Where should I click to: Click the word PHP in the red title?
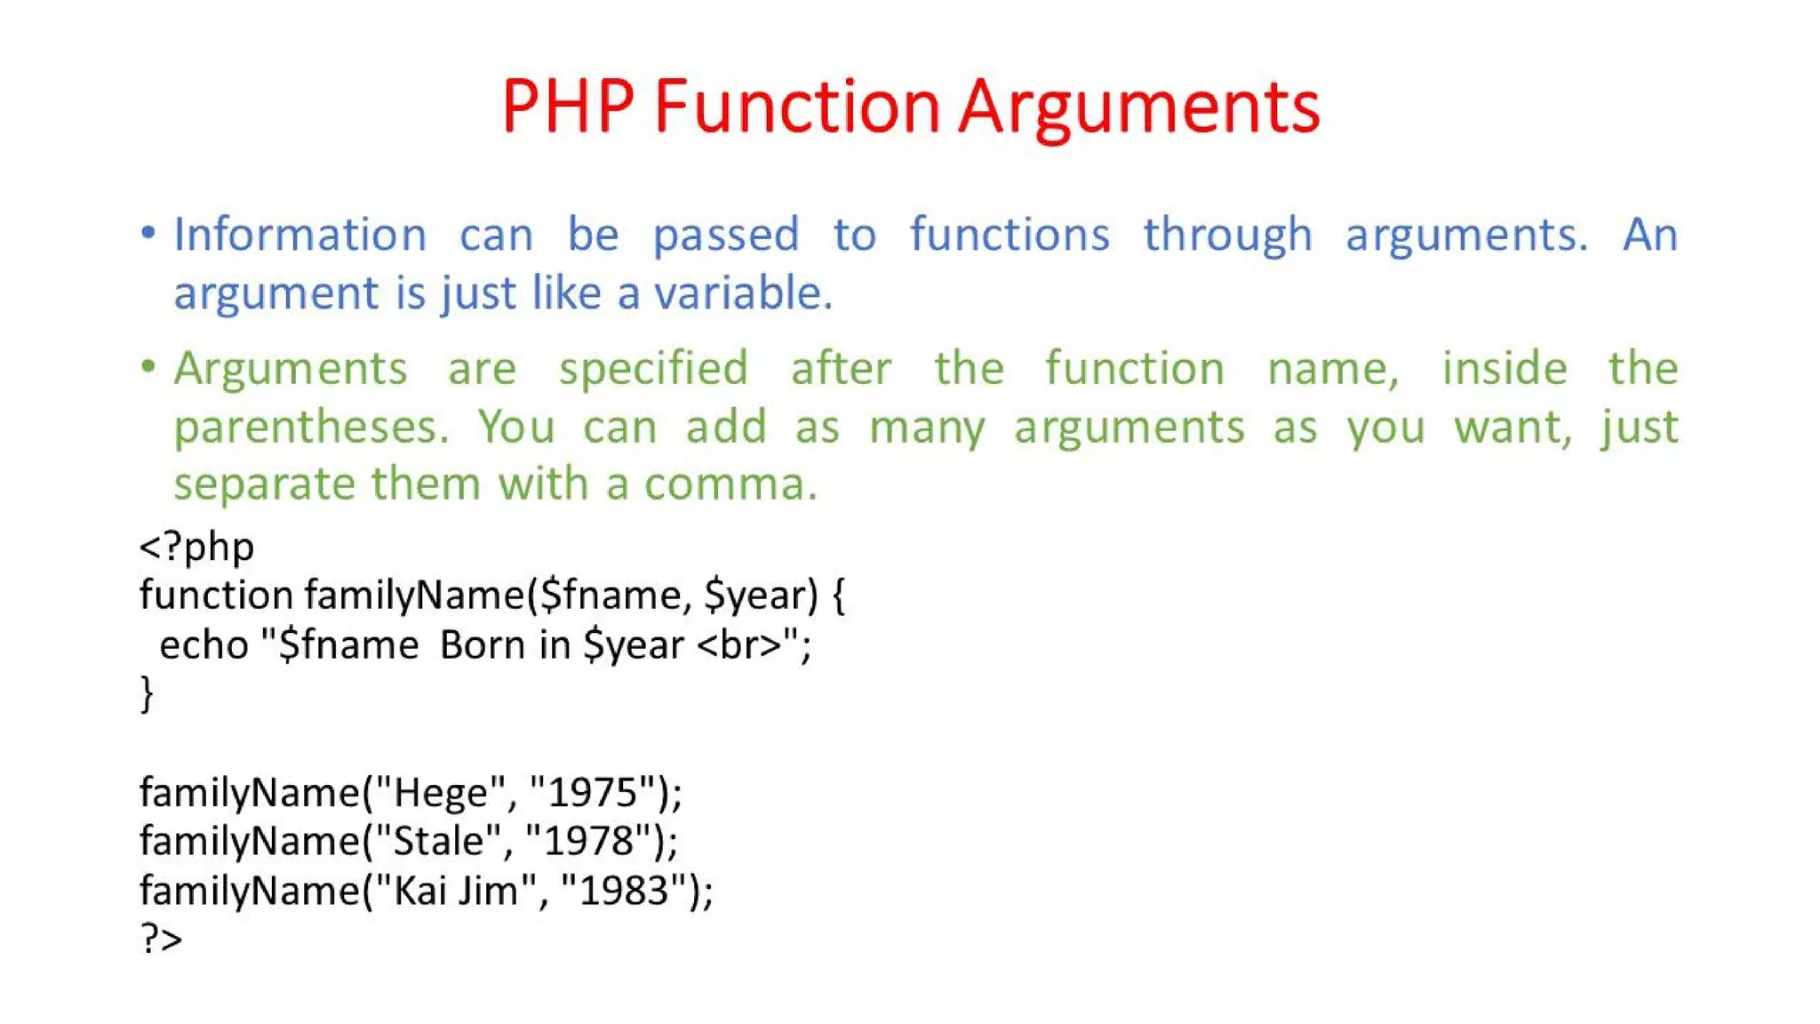(x=568, y=107)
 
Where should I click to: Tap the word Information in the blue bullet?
(x=300, y=236)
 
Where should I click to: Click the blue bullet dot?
(x=148, y=233)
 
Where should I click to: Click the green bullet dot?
(x=148, y=366)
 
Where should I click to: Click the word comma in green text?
(x=730, y=484)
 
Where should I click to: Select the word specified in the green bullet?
(x=653, y=369)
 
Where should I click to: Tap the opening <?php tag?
(x=196, y=546)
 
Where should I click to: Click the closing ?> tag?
(x=161, y=939)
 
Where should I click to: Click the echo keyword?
(x=204, y=645)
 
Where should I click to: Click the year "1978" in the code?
(x=588, y=841)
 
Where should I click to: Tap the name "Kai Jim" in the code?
(x=456, y=891)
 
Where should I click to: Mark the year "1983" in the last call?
(x=624, y=891)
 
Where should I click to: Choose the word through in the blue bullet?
(x=1227, y=236)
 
